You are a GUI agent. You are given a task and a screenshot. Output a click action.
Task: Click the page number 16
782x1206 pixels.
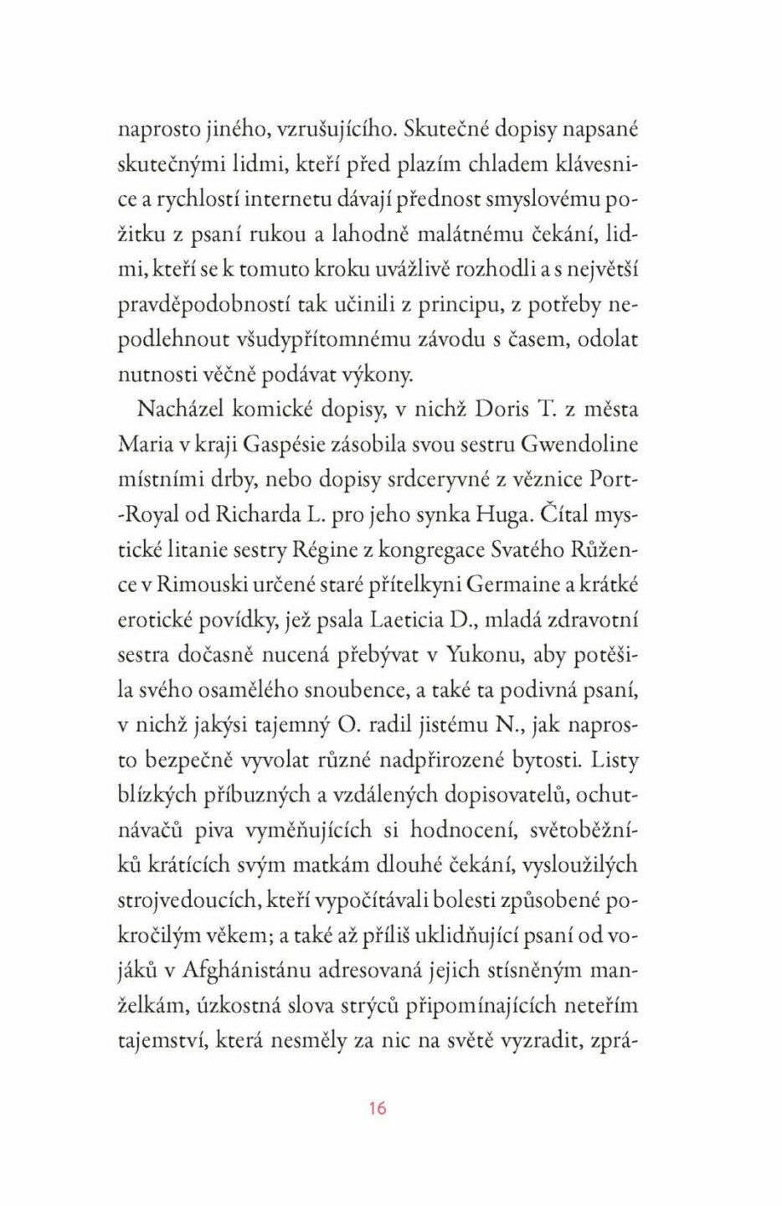[x=377, y=1108]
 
